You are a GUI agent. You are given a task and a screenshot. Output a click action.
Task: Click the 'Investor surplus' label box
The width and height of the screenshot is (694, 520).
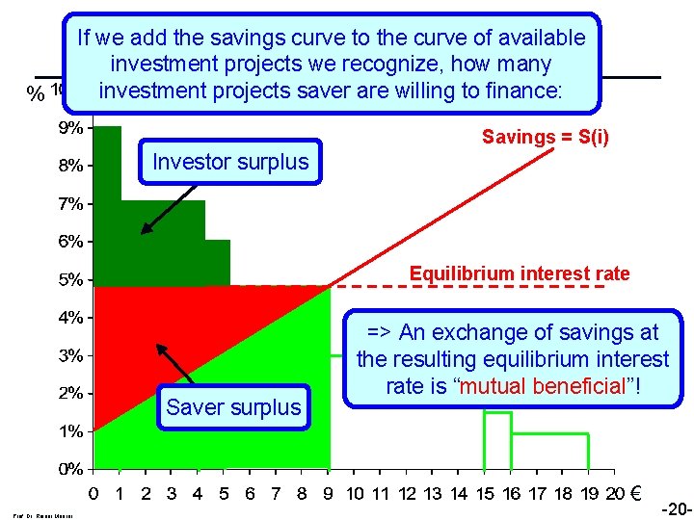[230, 162]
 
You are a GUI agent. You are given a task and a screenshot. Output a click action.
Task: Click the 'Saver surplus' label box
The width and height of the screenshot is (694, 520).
[233, 407]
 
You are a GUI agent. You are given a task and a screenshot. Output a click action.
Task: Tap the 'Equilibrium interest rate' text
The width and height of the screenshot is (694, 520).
[520, 273]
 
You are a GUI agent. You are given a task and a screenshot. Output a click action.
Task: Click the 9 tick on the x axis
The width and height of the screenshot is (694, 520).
[329, 495]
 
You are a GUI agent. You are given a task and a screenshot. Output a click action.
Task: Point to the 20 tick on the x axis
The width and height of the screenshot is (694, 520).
[615, 495]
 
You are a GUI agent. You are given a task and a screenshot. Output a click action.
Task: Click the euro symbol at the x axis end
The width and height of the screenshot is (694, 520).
[636, 495]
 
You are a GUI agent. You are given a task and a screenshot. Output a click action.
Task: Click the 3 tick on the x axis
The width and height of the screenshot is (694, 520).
[172, 495]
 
